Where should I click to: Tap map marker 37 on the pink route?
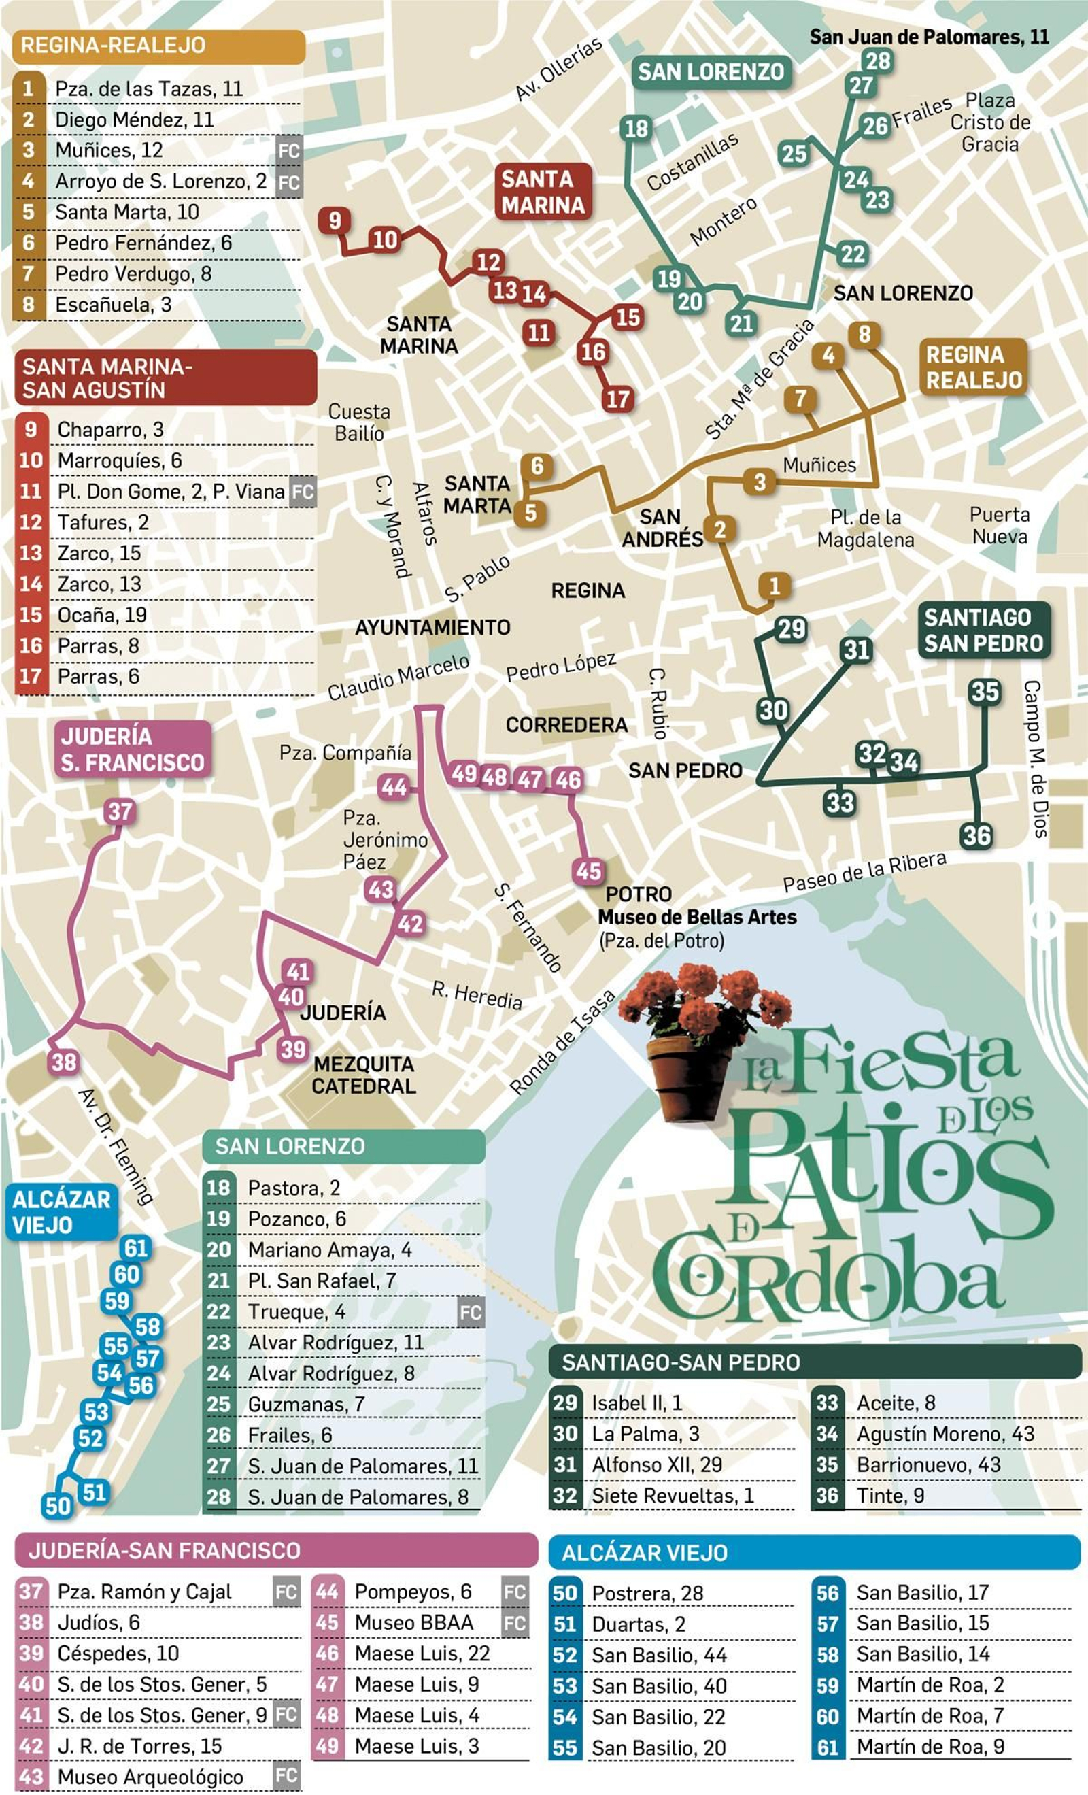120,811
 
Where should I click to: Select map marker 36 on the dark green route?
976,835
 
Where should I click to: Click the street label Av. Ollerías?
558,69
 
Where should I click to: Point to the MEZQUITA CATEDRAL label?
363,1075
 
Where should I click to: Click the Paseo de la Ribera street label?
864,872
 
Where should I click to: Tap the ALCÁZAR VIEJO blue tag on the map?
61,1211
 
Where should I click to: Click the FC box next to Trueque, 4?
470,1312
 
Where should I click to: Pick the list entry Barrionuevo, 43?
928,1464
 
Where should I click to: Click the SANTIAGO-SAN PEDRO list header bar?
814,1362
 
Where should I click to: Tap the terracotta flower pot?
688,1076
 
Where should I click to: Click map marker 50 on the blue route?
58,1506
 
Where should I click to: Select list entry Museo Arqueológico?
150,1776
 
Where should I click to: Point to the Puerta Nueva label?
999,525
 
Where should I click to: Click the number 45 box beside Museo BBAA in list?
327,1622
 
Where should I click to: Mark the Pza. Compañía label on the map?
345,752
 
